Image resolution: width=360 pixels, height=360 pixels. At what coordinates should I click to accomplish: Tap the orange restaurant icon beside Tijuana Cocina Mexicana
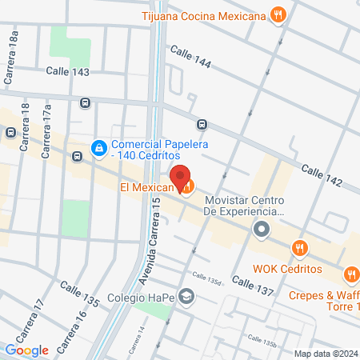point(278,14)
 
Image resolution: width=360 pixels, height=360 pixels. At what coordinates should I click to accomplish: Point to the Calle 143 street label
point(67,71)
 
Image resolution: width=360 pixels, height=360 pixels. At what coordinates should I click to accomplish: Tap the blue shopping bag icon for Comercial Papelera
point(99,148)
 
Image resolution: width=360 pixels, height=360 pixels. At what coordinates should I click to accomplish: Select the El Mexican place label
point(147,188)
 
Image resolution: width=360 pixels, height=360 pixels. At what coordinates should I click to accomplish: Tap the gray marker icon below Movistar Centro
point(261,231)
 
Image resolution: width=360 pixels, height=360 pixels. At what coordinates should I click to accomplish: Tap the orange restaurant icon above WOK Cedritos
point(300,249)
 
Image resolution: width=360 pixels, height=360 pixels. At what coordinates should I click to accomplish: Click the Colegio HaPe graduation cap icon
point(186,298)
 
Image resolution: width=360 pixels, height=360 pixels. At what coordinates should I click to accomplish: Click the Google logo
point(27,350)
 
